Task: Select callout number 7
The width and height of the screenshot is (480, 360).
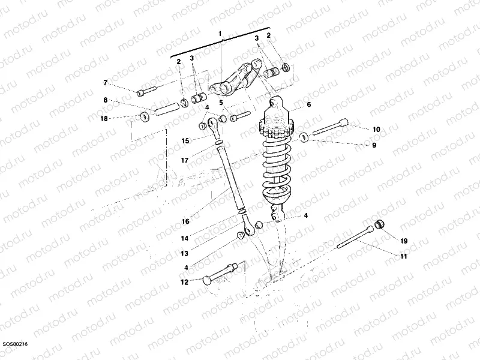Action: coord(105,82)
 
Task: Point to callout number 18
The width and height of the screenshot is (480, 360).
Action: coord(104,119)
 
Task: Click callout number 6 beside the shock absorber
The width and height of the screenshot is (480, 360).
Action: coord(309,104)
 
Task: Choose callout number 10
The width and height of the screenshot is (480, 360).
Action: coord(376,129)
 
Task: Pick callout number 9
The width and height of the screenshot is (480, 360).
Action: coord(373,145)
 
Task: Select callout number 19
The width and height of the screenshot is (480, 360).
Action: coord(403,241)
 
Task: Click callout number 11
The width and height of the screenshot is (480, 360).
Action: coord(403,257)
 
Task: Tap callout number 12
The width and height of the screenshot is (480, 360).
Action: coord(184,282)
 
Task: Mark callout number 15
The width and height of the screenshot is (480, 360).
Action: coord(186,140)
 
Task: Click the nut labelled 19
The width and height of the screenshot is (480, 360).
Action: coord(379,226)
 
